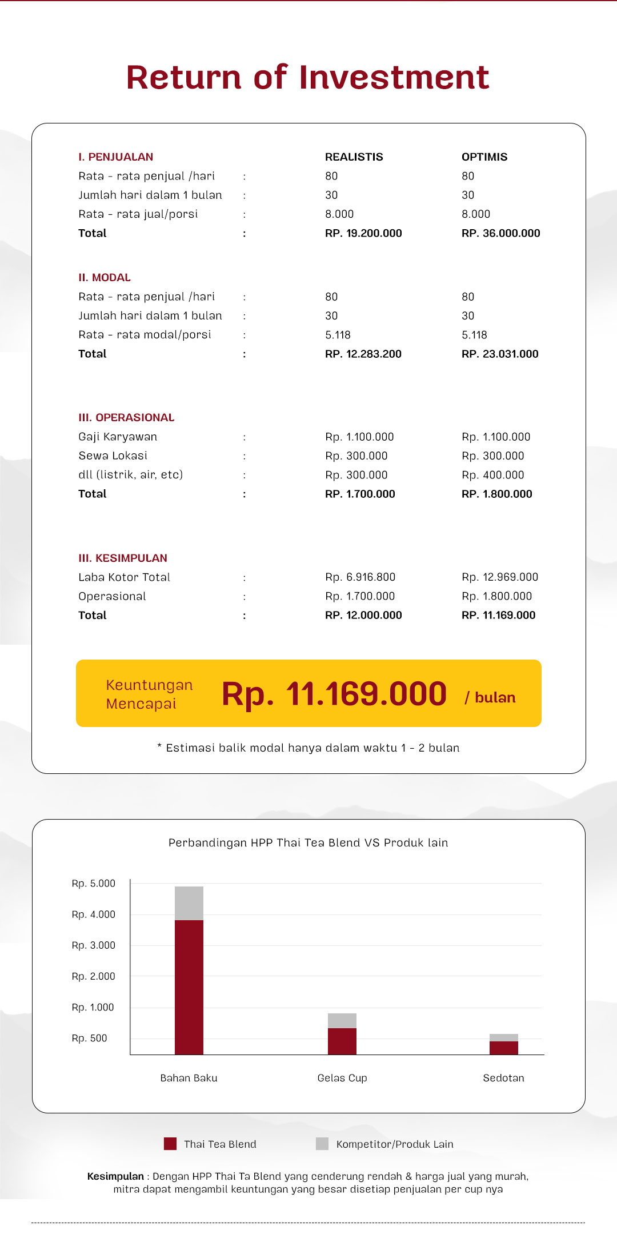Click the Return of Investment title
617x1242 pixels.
[x=307, y=78]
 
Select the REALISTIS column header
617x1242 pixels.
[x=354, y=157]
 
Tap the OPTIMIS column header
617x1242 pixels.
[x=484, y=157]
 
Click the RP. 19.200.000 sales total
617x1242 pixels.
[x=363, y=233]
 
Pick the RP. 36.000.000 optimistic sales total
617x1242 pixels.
[x=500, y=233]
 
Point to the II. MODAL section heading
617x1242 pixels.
[x=105, y=278]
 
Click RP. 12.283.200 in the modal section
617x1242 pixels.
[x=363, y=354]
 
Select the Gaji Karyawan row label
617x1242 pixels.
[x=118, y=437]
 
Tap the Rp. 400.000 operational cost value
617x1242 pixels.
[x=492, y=475]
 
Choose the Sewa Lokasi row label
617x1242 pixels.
[x=113, y=456]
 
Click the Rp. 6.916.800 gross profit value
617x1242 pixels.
[x=360, y=577]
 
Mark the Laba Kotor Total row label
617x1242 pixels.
[x=125, y=577]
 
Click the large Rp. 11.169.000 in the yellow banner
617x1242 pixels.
[x=334, y=694]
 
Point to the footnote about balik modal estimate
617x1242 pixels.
[x=308, y=748]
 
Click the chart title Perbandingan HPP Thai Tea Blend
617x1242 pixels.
[x=308, y=842]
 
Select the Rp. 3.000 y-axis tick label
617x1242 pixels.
[x=94, y=945]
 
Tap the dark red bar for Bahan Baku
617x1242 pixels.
[x=189, y=987]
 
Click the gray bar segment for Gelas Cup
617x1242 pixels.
[x=342, y=1020]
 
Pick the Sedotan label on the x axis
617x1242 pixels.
[x=503, y=1078]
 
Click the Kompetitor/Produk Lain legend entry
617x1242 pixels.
[x=394, y=1144]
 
